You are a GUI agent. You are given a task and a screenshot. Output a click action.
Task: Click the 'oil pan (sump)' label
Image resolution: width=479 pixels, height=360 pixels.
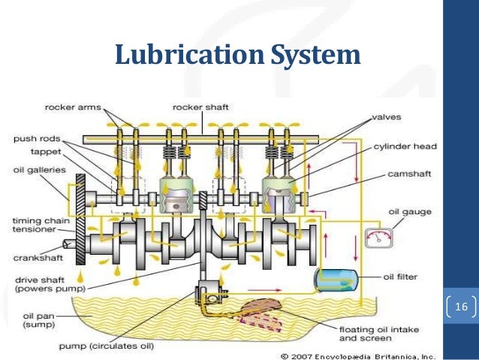30,322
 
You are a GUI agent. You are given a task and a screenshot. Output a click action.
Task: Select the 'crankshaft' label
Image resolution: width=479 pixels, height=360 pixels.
38,258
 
